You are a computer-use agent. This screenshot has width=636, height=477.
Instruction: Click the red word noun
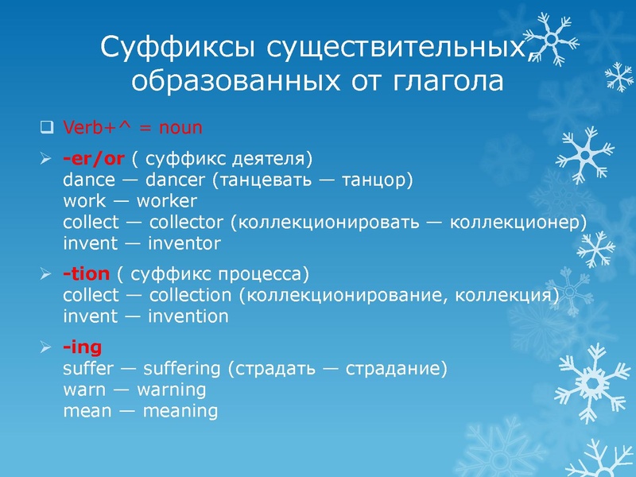[180, 127]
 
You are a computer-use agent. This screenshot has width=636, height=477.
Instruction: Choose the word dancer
[175, 180]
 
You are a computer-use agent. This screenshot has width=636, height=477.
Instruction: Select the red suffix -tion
[86, 274]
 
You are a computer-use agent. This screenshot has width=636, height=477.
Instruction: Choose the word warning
[172, 390]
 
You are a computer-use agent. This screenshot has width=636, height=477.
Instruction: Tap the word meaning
[180, 411]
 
